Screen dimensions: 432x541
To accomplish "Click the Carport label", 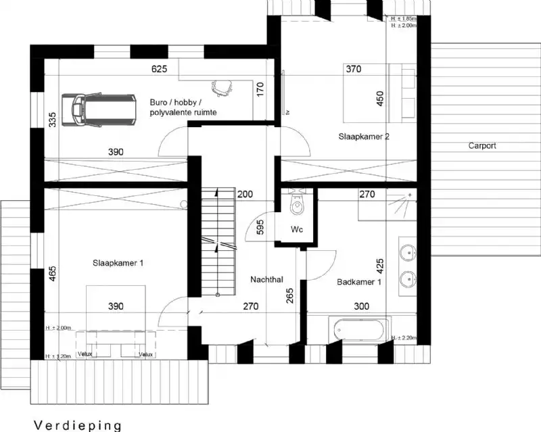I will pyautogui.click(x=482, y=145).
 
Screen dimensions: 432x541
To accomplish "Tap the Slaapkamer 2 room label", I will pyautogui.click(x=364, y=137).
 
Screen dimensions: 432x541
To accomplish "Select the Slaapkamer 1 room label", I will pyautogui.click(x=118, y=263).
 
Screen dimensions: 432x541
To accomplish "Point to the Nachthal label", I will pyautogui.click(x=266, y=279).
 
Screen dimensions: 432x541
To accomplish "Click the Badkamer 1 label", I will pyautogui.click(x=358, y=282).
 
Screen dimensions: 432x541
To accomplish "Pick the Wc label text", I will pyautogui.click(x=296, y=230).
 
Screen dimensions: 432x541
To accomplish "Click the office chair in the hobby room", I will pyautogui.click(x=220, y=87).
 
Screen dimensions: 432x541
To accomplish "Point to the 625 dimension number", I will pyautogui.click(x=159, y=70).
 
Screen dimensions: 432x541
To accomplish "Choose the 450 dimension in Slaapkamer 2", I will pyautogui.click(x=379, y=99).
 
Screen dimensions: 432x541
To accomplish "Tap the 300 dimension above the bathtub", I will pyautogui.click(x=362, y=307).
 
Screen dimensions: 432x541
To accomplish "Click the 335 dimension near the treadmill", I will pyautogui.click(x=52, y=120).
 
